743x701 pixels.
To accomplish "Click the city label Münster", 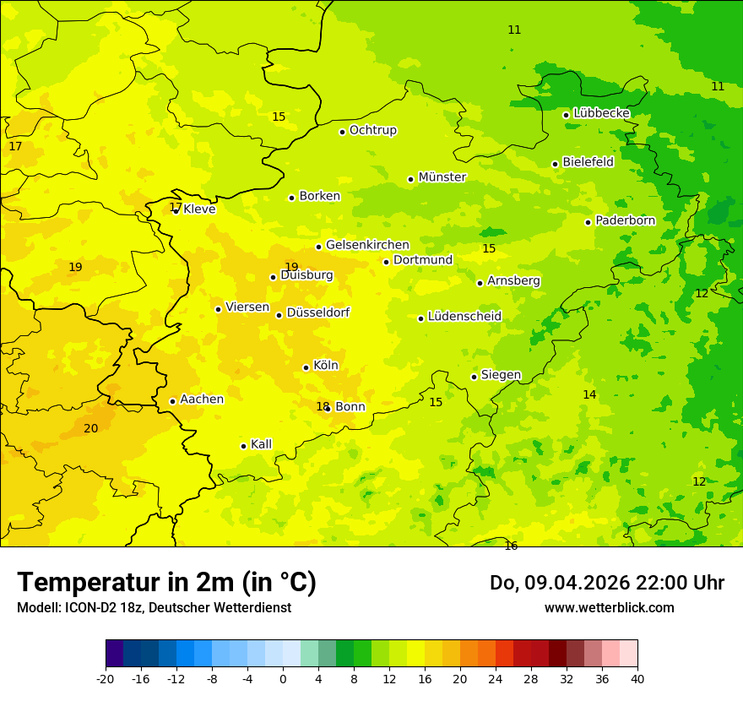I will pyautogui.click(x=442, y=177).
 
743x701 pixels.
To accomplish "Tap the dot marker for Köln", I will pyautogui.click(x=306, y=367).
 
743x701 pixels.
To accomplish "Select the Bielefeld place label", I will pyautogui.click(x=588, y=162).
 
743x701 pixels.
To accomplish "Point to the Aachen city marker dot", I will pyautogui.click(x=172, y=401).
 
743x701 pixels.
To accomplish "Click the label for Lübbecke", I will pyautogui.click(x=601, y=113).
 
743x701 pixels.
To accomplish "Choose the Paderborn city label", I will pyautogui.click(x=625, y=220).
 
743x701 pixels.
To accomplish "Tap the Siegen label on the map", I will pyautogui.click(x=501, y=375).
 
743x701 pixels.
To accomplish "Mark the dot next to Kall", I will pyautogui.click(x=243, y=446).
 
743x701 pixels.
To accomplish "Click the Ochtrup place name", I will pyautogui.click(x=372, y=130).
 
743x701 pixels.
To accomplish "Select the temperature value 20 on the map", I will pyautogui.click(x=90, y=428).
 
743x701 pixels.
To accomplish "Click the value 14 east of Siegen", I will pyautogui.click(x=589, y=394).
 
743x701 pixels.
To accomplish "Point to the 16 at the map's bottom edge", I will pyautogui.click(x=511, y=546).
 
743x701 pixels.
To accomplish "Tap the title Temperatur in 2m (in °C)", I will pyautogui.click(x=166, y=583).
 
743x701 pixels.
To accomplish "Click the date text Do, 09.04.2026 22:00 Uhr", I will pyautogui.click(x=606, y=583).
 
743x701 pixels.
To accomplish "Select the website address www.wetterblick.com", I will pyautogui.click(x=609, y=608).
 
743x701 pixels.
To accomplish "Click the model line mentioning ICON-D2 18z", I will pyautogui.click(x=154, y=608).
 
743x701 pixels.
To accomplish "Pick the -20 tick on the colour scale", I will pyautogui.click(x=106, y=678).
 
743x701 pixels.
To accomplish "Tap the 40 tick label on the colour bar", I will pyautogui.click(x=637, y=678).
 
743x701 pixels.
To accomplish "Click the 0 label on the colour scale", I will pyautogui.click(x=283, y=678).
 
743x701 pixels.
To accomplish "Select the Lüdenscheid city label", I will pyautogui.click(x=464, y=317).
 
